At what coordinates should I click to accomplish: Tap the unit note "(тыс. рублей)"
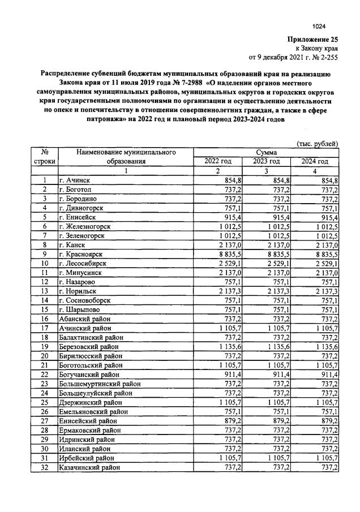pos(318,144)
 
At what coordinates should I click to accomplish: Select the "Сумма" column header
pos(265,152)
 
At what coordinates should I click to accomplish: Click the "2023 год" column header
pos(266,161)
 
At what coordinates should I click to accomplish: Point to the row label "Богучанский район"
pos(89,374)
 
